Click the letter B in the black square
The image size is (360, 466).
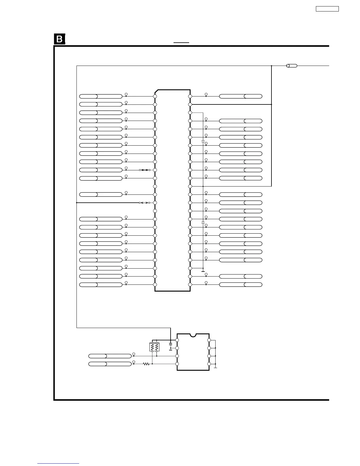59,39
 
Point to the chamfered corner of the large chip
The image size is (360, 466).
156,91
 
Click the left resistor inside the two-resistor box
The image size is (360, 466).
152,347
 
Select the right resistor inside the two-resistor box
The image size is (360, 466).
157,347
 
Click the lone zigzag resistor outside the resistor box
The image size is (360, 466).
146,364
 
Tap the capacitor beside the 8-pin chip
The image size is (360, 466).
171,344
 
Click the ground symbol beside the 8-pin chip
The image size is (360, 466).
216,367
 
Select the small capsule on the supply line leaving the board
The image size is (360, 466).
291,66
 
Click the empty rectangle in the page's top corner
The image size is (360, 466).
327,9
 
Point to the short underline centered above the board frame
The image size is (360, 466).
181,43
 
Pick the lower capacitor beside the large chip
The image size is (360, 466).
203,223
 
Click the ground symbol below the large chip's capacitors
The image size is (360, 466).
203,271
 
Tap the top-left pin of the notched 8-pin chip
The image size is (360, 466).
177,340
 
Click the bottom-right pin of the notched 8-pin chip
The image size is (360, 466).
209,364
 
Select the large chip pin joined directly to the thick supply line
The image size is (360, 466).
190,104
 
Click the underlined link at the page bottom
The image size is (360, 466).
58,463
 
